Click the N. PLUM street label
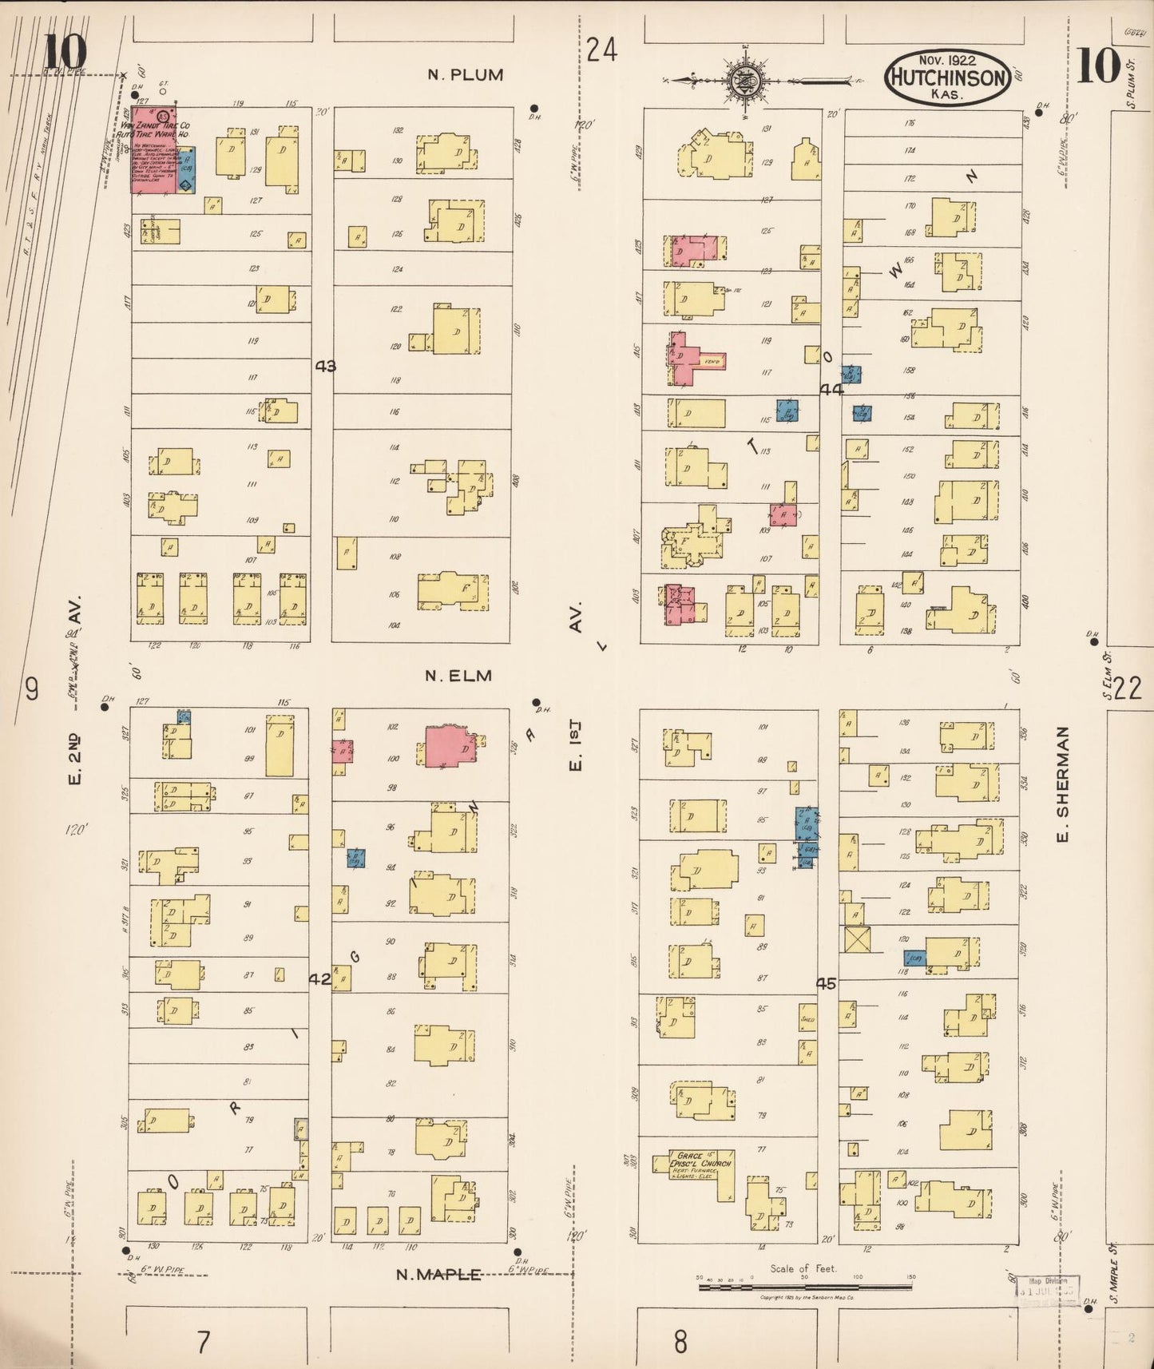coord(466,75)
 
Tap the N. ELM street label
coord(458,676)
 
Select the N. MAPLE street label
coord(439,1275)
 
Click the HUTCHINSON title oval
coord(946,77)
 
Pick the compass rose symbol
coord(742,80)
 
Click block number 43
coord(325,367)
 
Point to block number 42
coord(319,978)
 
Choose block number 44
coord(831,389)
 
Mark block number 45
coord(826,984)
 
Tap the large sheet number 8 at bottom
coord(680,1341)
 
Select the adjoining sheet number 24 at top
coord(601,51)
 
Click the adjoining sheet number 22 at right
coord(1128,688)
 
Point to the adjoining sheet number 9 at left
coord(31,688)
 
